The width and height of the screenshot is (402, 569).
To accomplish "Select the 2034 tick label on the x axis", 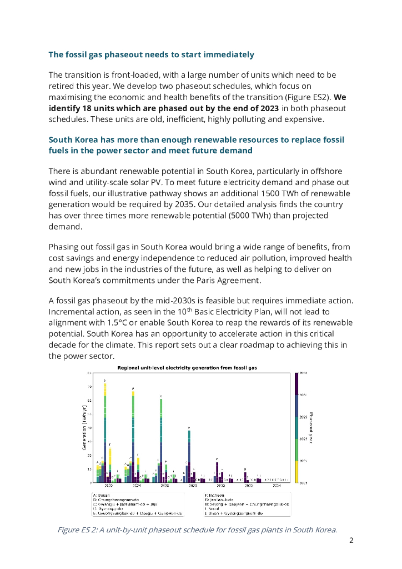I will (x=277, y=485).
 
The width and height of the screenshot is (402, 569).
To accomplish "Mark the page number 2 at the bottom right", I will (x=351, y=540).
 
